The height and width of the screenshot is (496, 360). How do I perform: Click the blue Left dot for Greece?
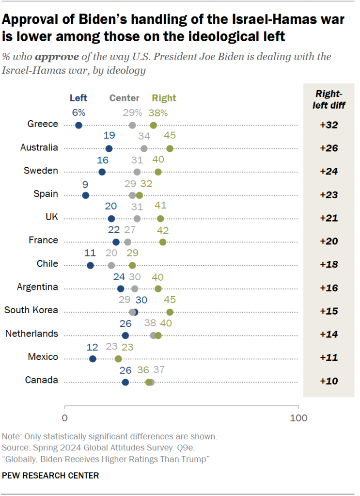[x=79, y=126]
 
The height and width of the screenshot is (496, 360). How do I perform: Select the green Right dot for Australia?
[x=170, y=148]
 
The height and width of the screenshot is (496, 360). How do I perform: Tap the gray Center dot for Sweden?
[x=137, y=172]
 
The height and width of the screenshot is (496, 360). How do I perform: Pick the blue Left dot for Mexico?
[x=93, y=359]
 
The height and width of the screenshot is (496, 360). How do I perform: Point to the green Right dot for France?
[x=163, y=242]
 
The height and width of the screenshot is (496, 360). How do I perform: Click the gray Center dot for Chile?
[x=111, y=265]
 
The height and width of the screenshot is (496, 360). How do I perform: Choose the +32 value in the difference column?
[x=329, y=125]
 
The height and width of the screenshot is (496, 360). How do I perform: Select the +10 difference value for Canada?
[x=329, y=381]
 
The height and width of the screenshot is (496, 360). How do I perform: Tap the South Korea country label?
[x=31, y=310]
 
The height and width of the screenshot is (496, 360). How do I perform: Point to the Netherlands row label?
[x=31, y=334]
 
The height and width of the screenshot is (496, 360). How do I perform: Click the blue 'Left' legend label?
[x=78, y=98]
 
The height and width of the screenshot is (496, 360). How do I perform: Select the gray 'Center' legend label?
[x=124, y=98]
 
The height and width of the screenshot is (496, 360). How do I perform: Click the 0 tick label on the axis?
[x=64, y=418]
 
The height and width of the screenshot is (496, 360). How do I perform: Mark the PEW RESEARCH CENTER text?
[x=50, y=476]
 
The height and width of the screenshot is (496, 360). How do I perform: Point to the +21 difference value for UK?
[x=329, y=218]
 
